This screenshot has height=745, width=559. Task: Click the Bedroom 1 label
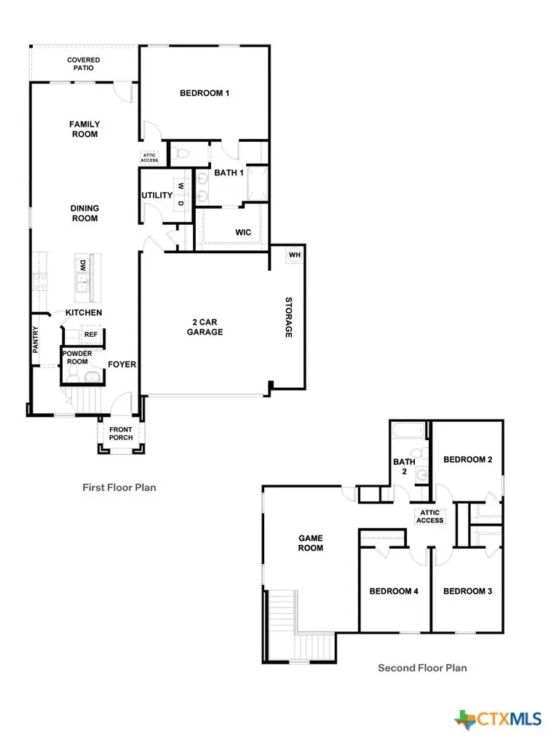205,93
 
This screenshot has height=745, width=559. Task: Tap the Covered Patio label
84,64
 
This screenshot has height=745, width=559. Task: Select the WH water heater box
294,255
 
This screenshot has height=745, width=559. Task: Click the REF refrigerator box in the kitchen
90,335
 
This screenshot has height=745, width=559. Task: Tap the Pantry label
35,340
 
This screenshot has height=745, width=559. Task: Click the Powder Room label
77,357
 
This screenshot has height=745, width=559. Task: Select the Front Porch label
121,433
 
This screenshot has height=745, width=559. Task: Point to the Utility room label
156,195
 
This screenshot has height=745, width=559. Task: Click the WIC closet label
243,233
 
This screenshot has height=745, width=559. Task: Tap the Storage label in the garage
288,317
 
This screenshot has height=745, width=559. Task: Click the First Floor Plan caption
119,487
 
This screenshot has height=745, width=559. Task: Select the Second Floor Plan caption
422,667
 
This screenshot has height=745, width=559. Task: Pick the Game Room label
311,543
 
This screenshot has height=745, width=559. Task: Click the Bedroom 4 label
393,591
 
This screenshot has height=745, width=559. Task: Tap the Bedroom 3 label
467,591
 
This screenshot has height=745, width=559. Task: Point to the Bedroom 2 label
468,460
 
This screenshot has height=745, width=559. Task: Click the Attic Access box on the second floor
429,516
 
